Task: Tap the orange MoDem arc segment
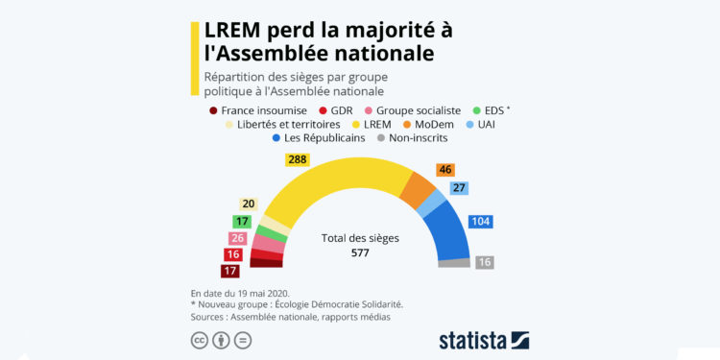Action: click(x=418, y=192)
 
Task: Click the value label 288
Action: click(x=298, y=158)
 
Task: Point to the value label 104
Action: click(x=482, y=222)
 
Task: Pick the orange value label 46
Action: click(x=444, y=170)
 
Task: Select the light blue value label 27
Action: click(x=459, y=188)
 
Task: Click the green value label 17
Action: click(x=242, y=222)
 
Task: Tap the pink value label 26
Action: click(x=237, y=238)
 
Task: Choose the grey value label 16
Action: click(x=486, y=262)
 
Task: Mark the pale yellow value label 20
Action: click(x=249, y=204)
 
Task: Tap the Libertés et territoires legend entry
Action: click(x=278, y=124)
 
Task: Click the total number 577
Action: click(x=359, y=252)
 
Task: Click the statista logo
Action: click(x=484, y=339)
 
